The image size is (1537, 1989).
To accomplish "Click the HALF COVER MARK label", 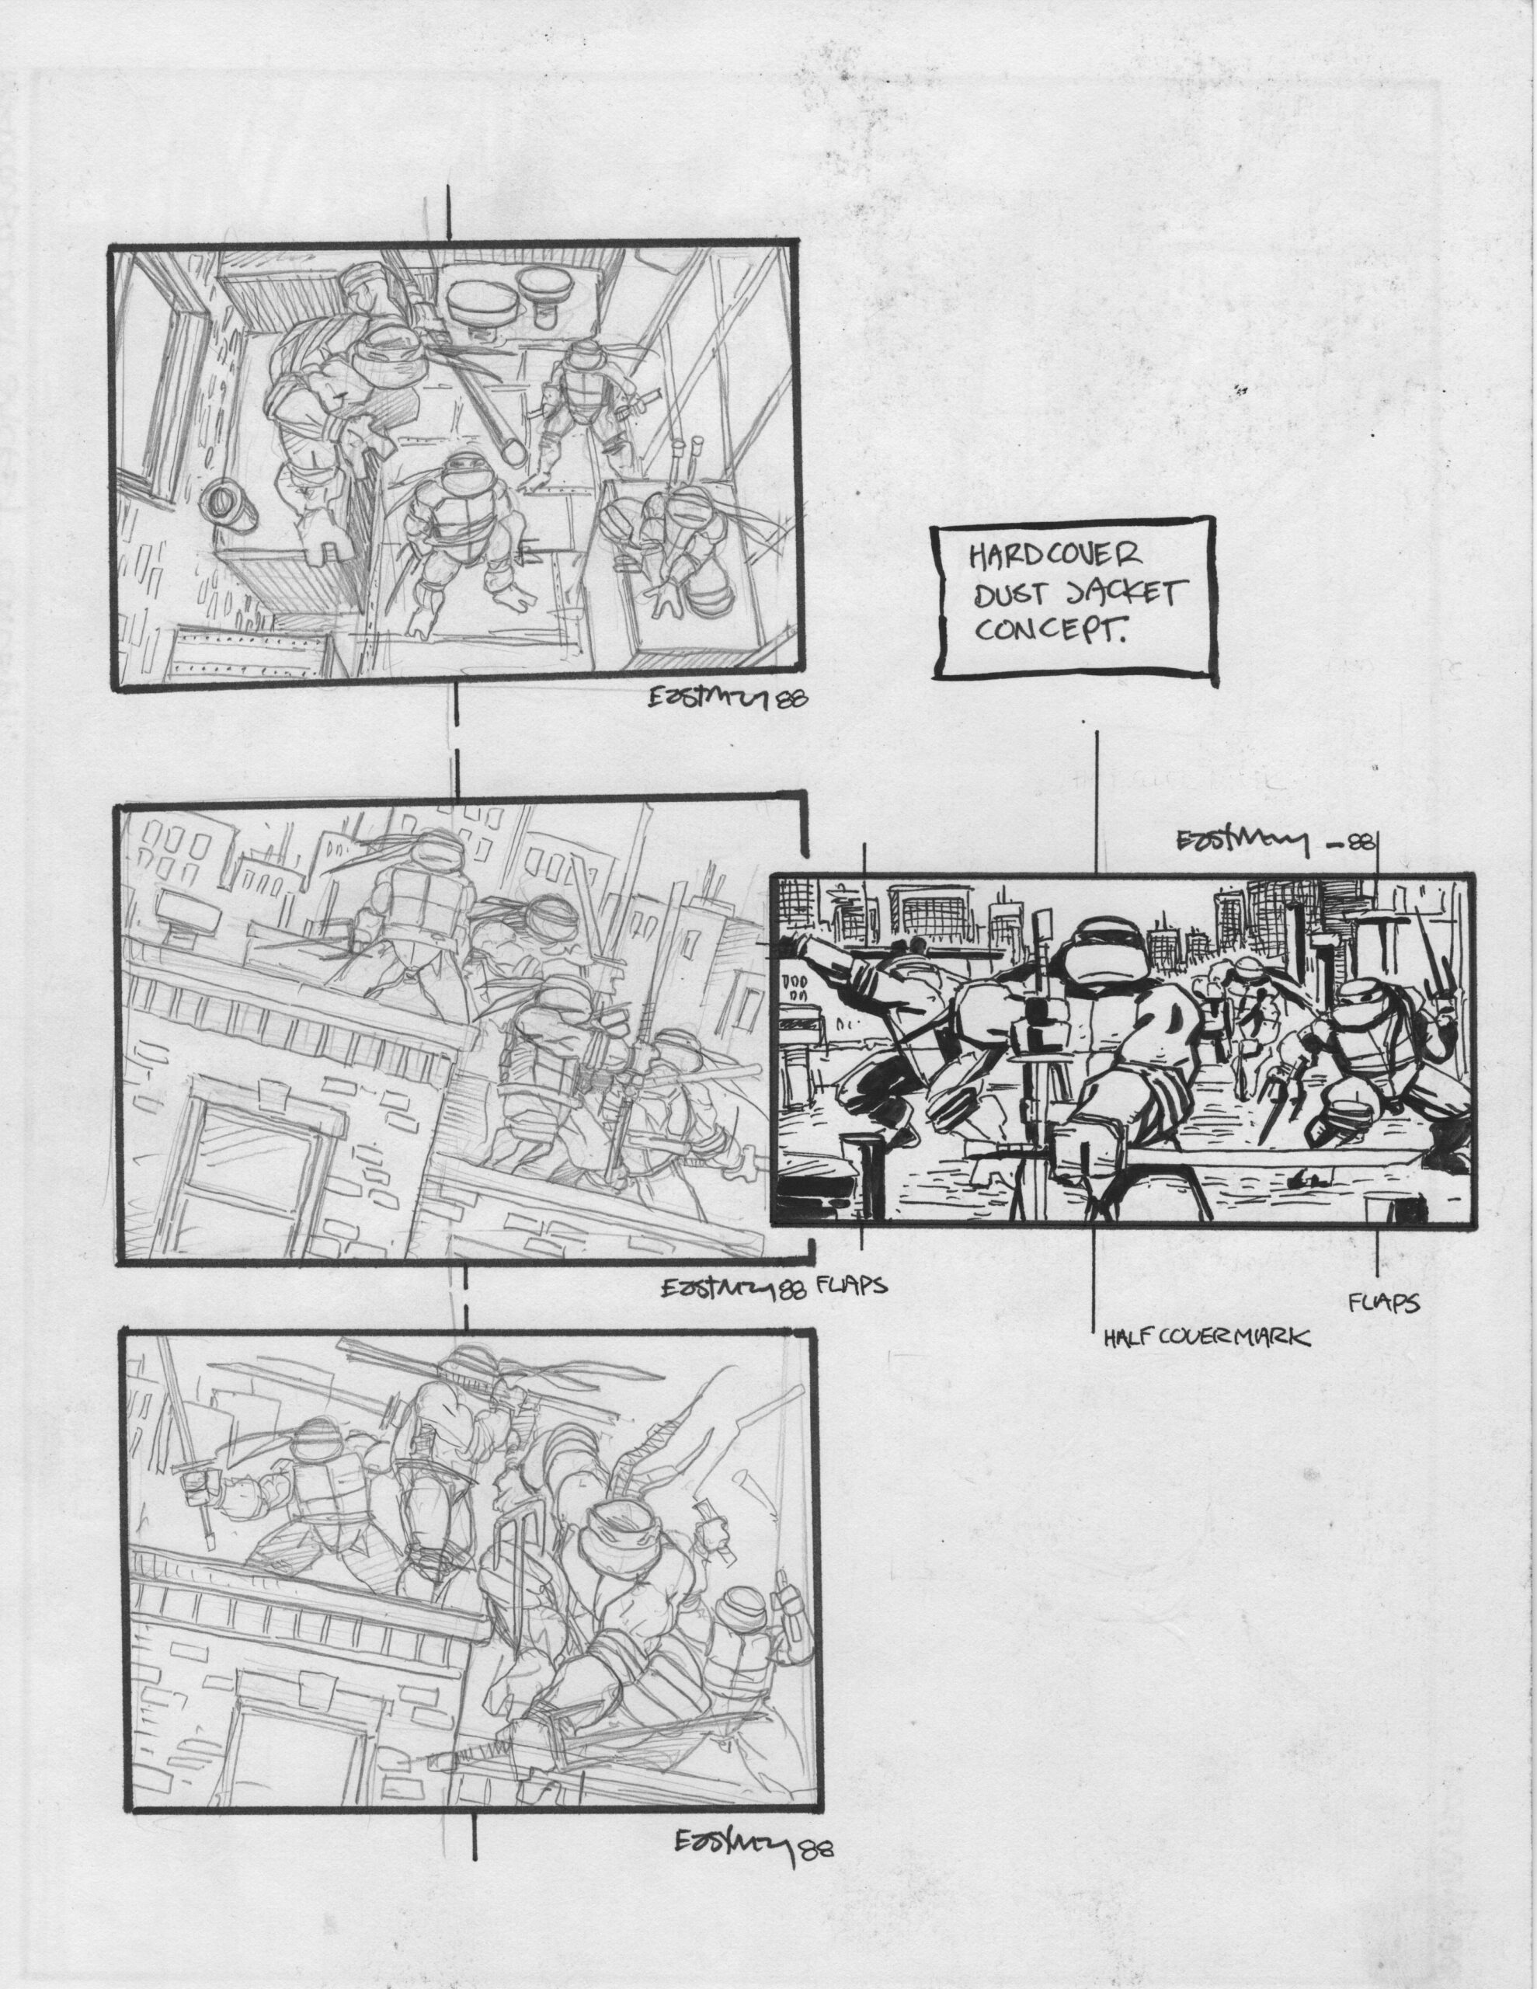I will [x=1206, y=1337].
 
